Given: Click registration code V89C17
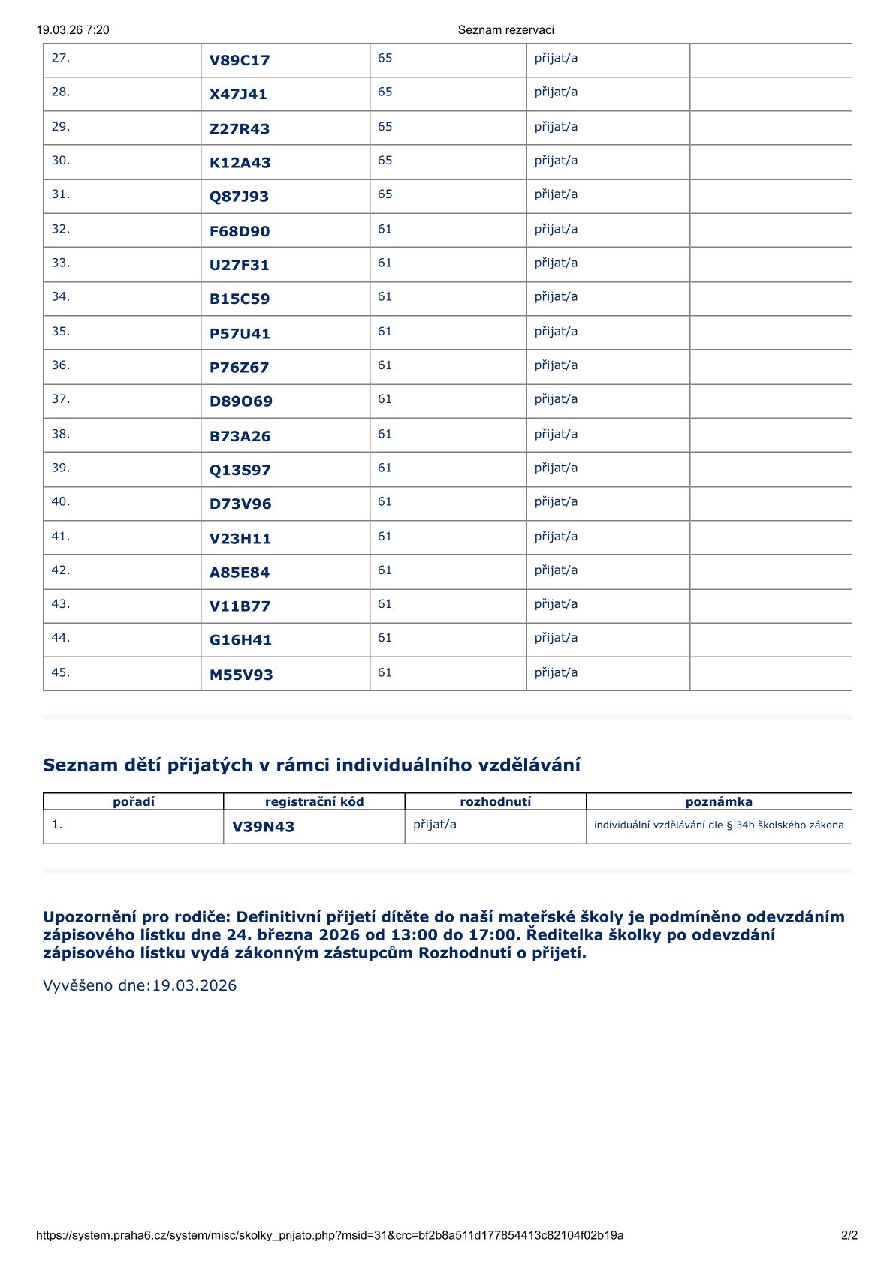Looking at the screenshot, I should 240,61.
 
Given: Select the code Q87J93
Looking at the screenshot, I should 239,197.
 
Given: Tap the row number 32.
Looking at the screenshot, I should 61,229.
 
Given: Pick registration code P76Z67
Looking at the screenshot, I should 239,368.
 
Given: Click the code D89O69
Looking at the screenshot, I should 240,401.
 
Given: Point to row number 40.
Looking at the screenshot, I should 61,501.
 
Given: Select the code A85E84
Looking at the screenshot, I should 239,573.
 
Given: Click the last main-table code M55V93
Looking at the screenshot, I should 241,675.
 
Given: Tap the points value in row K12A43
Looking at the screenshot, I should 385,161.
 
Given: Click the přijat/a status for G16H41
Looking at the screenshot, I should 556,638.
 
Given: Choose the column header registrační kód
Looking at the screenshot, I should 314,801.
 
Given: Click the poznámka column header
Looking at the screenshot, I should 719,801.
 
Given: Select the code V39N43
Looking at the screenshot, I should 263,827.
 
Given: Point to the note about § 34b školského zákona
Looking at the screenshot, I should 719,825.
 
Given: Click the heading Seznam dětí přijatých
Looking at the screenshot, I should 311,765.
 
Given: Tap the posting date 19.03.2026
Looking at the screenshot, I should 195,985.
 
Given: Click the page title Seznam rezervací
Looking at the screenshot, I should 505,30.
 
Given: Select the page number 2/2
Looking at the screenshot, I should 849,1235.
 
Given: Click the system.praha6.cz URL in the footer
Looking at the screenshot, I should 330,1235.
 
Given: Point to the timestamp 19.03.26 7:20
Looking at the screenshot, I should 73,30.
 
